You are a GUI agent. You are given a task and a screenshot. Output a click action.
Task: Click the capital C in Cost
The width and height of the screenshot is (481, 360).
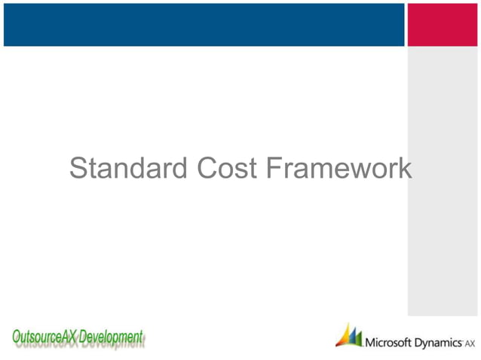(x=207, y=169)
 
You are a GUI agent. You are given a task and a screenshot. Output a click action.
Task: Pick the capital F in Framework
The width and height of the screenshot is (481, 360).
(x=274, y=169)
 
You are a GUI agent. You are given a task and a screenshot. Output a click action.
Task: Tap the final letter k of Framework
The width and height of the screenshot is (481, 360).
(x=405, y=169)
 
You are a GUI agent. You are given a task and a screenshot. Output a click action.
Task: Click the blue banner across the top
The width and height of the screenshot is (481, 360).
(x=204, y=24)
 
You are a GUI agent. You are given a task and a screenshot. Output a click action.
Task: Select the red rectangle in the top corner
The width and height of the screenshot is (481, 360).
(x=443, y=24)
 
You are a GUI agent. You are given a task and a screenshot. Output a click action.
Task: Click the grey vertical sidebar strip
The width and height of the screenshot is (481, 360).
(x=443, y=181)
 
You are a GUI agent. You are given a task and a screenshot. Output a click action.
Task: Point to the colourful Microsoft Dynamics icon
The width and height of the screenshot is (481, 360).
(x=348, y=335)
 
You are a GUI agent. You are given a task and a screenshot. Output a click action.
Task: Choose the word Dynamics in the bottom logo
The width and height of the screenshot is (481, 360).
(x=439, y=343)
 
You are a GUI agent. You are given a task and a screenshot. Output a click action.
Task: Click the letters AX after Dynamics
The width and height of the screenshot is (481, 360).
(x=471, y=344)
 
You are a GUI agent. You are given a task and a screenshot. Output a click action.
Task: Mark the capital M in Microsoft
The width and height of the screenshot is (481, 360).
(x=370, y=343)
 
